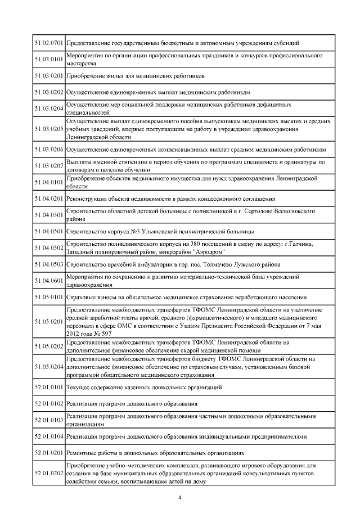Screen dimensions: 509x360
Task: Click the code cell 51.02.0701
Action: [x=48, y=43]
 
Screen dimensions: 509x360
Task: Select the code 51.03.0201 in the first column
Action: [x=48, y=75]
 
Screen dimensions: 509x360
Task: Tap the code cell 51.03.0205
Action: [x=48, y=129]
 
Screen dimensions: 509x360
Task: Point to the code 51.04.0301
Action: [x=48, y=215]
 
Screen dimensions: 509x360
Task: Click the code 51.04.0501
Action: [x=48, y=231]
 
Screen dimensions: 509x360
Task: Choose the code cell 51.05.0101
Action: [x=48, y=297]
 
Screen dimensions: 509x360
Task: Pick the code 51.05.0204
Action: [x=48, y=366]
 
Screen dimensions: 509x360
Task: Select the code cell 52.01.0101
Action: [x=48, y=388]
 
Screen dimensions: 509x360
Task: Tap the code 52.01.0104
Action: [x=48, y=436]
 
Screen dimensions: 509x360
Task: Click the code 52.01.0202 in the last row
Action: [x=48, y=474]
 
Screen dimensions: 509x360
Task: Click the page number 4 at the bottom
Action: [x=179, y=497]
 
